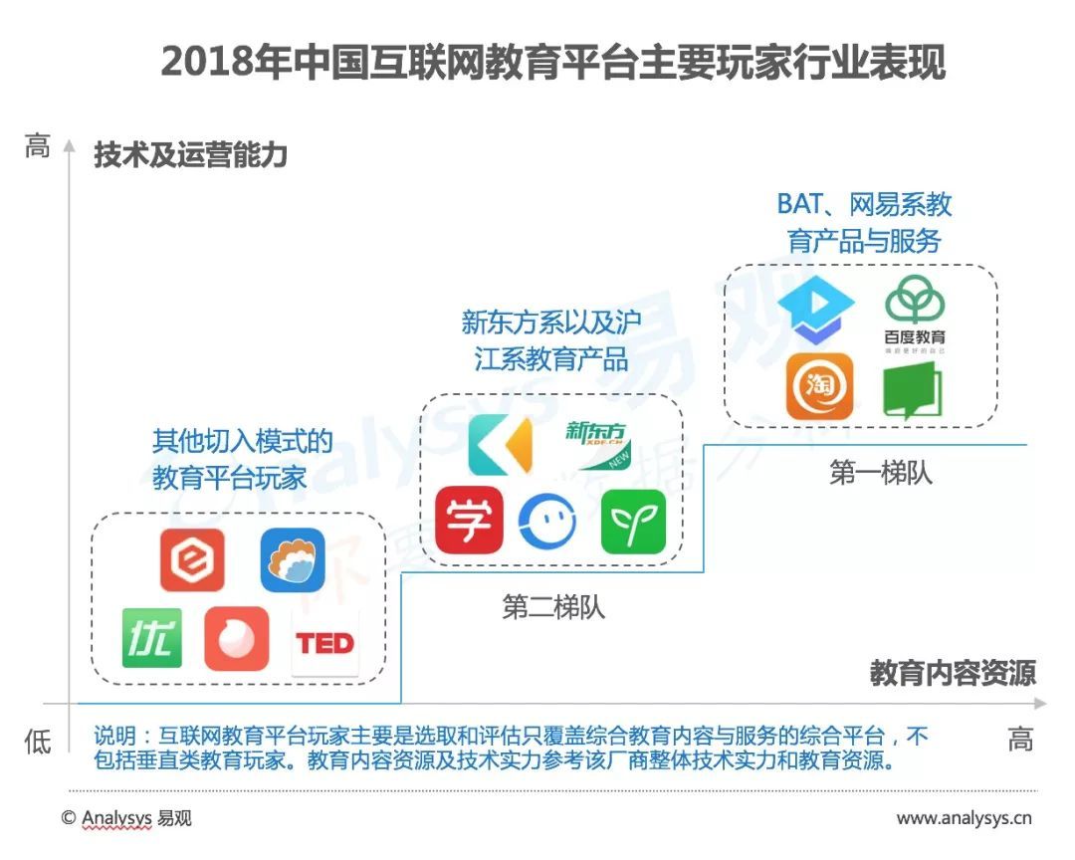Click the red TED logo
324,643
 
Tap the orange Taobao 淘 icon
820,386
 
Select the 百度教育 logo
915,315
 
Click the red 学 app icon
469,520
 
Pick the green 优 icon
151,638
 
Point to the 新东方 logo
597,444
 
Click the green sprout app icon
633,522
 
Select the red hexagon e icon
192,559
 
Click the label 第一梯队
880,473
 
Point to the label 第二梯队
553,607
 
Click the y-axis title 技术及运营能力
190,155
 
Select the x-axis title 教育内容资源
953,673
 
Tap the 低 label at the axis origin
38,742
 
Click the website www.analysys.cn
964,818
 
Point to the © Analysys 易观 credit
126,818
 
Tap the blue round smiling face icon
546,522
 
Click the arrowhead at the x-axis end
1041,704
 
